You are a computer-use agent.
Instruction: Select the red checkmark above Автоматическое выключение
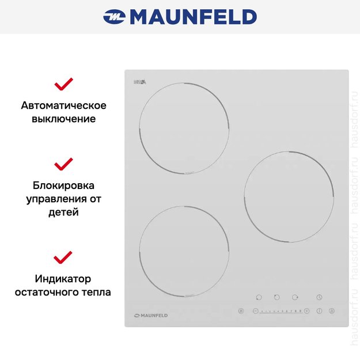pos(63,85)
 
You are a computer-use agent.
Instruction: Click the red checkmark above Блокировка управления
pos(63,164)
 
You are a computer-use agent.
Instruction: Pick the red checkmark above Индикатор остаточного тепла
pos(63,256)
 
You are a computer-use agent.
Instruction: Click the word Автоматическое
pos(63,105)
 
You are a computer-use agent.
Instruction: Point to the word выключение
pos(63,119)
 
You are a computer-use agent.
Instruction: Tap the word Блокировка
pos(63,185)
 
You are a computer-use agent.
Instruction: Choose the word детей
pos(63,212)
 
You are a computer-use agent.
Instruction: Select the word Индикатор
pos(63,279)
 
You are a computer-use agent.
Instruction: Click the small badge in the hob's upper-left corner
pos(140,82)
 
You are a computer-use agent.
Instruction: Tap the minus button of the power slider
pos(255,311)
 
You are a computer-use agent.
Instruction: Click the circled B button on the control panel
pos(241,311)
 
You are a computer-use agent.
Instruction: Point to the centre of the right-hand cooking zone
pos(289,197)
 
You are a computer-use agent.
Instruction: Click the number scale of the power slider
pos(281,311)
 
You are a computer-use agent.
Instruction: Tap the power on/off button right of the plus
pos(319,311)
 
